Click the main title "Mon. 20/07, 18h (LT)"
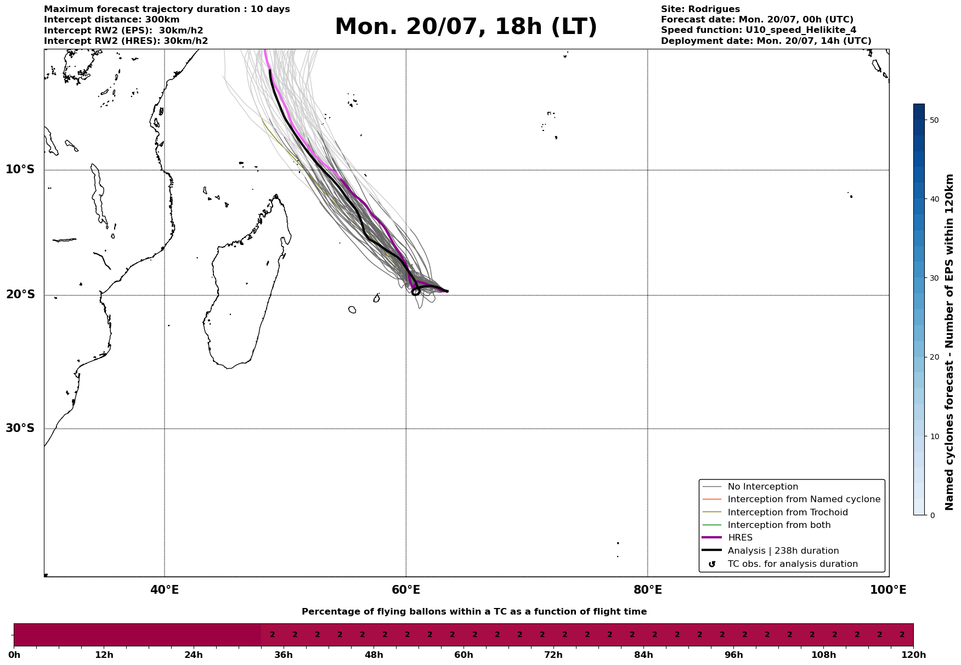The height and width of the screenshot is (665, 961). pyautogui.click(x=466, y=27)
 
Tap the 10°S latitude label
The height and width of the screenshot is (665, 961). pyautogui.click(x=20, y=169)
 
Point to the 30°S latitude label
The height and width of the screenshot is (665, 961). pyautogui.click(x=20, y=428)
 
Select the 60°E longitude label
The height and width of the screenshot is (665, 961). pyautogui.click(x=406, y=590)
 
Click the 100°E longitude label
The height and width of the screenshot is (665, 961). pyautogui.click(x=888, y=590)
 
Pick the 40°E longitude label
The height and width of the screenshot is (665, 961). pyautogui.click(x=165, y=590)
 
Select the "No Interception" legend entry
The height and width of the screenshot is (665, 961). pyautogui.click(x=750, y=487)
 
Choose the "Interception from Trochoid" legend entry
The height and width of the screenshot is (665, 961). pyautogui.click(x=775, y=513)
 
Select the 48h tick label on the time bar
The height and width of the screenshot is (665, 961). pyautogui.click(x=374, y=655)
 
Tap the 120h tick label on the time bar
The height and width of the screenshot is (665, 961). pyautogui.click(x=913, y=655)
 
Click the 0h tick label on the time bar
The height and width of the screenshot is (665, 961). pyautogui.click(x=14, y=655)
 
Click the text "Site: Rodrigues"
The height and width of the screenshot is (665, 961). pyautogui.click(x=700, y=9)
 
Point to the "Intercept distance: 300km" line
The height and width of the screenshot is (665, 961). pyautogui.click(x=112, y=20)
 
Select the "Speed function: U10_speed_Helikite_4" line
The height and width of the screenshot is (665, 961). pyautogui.click(x=759, y=30)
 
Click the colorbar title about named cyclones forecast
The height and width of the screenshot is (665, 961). pyautogui.click(x=949, y=342)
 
